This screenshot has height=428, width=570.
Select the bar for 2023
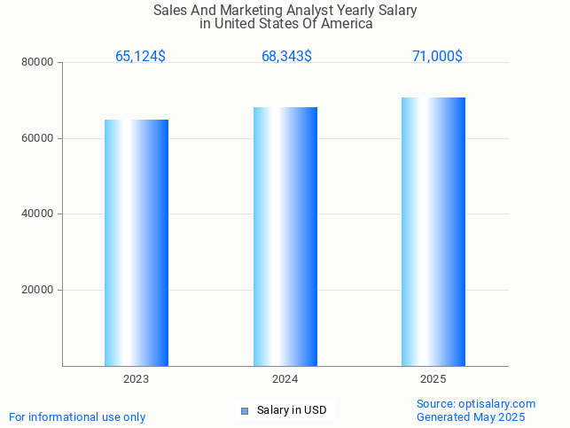coord(137,243)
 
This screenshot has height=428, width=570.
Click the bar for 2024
coord(285,237)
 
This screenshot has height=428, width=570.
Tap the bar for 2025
coord(433,231)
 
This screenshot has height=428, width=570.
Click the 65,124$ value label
coord(140,57)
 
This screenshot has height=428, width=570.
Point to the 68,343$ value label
coord(286,57)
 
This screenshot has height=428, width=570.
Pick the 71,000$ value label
coord(437,57)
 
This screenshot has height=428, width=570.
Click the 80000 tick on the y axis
coord(38,63)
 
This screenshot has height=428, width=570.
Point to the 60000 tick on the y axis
coord(38,139)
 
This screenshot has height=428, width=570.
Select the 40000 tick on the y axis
coord(38,214)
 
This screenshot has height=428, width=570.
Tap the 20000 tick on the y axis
coord(38,291)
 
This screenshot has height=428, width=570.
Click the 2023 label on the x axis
coord(137,379)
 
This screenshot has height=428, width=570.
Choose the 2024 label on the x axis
coord(285,379)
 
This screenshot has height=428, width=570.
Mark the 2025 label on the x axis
coord(433,379)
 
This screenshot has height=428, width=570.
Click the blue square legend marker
coord(246,410)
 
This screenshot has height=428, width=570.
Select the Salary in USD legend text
coord(292,410)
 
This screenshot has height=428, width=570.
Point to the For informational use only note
coord(77,417)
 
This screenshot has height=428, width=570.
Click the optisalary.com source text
coord(501,404)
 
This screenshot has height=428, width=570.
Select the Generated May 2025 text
coord(471,417)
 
